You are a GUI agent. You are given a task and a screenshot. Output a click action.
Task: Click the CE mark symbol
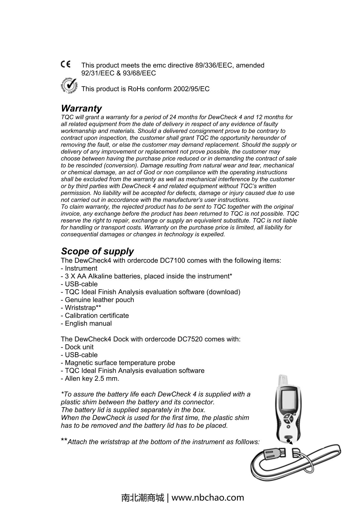pos(65,64)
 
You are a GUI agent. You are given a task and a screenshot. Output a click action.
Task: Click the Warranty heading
pos(81,108)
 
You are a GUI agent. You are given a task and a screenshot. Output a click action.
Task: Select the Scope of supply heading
pos(97,251)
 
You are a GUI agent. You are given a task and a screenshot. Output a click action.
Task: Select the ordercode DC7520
pos(190,339)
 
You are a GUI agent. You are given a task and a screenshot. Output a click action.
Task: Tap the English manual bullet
pos(86,323)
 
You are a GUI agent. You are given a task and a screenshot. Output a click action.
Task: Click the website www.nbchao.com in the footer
pos(208,498)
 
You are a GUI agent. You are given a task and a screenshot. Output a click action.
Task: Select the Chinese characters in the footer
pos(143,498)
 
